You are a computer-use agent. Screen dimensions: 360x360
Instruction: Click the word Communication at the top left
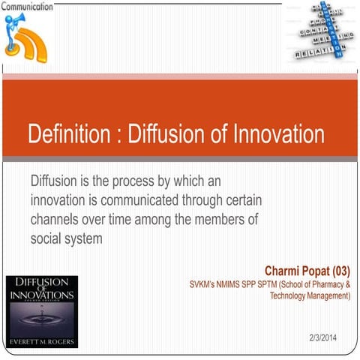click(x=27, y=7)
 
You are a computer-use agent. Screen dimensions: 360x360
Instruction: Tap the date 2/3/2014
click(x=323, y=335)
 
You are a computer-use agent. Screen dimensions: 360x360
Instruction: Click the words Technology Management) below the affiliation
click(x=310, y=296)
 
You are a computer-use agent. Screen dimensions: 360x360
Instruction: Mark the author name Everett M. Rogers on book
click(x=40, y=342)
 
